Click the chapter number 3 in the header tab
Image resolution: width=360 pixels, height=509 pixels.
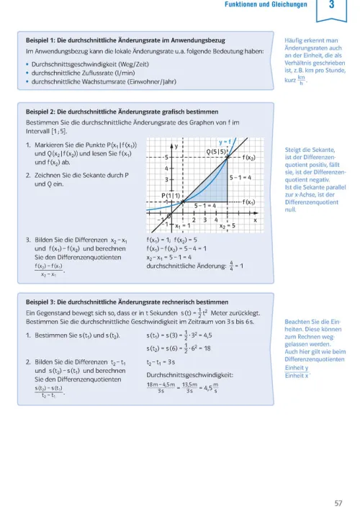click(331, 7)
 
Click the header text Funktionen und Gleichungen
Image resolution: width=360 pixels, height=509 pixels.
click(266, 6)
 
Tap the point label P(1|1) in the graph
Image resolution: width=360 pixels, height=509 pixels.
click(171, 195)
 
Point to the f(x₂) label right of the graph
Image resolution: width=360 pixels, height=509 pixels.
click(249, 158)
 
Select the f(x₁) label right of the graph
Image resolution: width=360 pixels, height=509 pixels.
click(249, 202)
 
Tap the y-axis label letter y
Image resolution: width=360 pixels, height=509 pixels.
click(176, 145)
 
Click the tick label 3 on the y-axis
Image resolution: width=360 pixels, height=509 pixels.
click(167, 179)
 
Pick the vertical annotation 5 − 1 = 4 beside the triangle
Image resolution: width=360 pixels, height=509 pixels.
click(240, 177)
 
